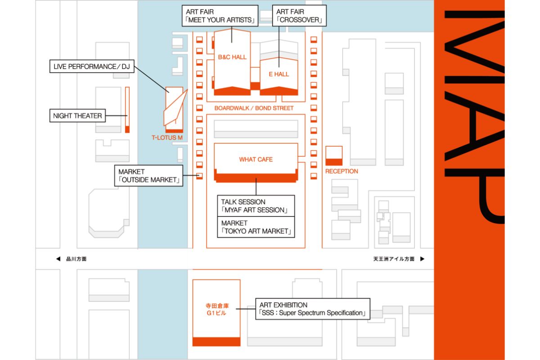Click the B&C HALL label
point(232,57)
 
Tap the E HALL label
point(279,74)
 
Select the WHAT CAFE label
point(256,159)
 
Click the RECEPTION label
point(342,171)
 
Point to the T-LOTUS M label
point(167,138)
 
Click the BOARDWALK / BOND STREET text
point(254,108)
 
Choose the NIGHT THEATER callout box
point(77,116)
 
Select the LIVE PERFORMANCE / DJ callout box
point(91,67)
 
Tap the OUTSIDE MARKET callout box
point(149,176)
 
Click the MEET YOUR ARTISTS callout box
point(220,16)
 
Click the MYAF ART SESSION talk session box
point(256,206)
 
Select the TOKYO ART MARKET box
point(256,227)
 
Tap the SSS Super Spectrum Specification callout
point(312,309)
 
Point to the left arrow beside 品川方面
point(58,259)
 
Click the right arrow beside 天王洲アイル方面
point(422,259)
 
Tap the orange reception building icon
point(333,155)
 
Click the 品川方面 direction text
point(76,259)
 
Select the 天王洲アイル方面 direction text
point(394,259)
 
